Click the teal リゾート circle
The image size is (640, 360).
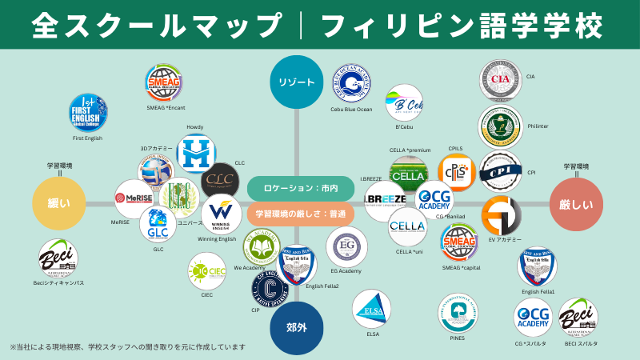pyautogui.click(x=297, y=82)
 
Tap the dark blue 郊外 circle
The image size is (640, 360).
pyautogui.click(x=297, y=328)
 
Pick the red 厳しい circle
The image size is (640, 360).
pyautogui.click(x=576, y=205)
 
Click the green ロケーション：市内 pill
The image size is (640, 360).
pyautogui.click(x=300, y=188)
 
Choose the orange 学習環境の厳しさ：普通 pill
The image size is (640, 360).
pyautogui.click(x=300, y=214)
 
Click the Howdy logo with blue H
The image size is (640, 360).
pyautogui.click(x=196, y=154)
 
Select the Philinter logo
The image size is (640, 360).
pyautogui.click(x=501, y=126)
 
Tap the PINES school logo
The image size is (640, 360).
pyautogui.click(x=458, y=313)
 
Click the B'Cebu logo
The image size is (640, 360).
pyautogui.click(x=404, y=104)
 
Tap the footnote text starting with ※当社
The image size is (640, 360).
pyautogui.click(x=128, y=347)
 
